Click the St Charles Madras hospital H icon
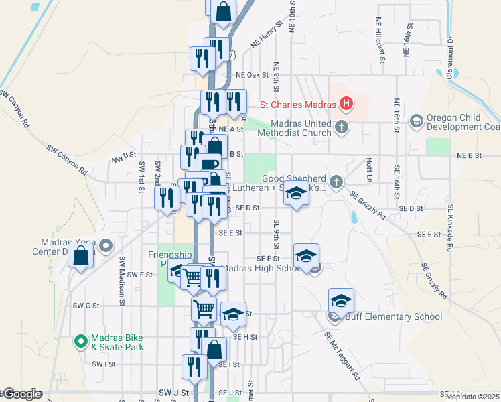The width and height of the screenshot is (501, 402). point(346,104)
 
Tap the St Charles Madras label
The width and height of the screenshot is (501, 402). point(299,105)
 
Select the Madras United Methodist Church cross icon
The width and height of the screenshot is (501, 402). point(342,127)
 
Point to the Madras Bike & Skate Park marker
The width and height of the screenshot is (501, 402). point(81,341)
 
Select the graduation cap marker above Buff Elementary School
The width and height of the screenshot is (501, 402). point(341,300)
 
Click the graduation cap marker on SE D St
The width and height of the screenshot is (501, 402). point(295,194)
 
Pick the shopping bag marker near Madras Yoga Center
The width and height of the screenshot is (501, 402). point(80,255)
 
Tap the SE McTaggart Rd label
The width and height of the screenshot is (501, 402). point(342,356)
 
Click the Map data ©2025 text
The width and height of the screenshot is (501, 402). point(472,396)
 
